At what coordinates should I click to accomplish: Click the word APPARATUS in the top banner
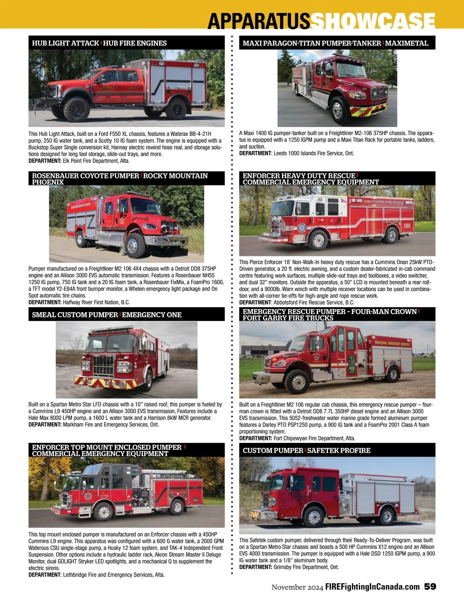coord(259,21)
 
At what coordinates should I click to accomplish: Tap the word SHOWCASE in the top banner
coord(373,21)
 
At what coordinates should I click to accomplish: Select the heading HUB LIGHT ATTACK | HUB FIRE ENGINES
coord(99,43)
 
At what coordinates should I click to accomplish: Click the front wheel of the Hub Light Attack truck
coord(76,109)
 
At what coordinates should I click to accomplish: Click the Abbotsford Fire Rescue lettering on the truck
coord(383,202)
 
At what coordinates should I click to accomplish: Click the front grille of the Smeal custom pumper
coord(104,365)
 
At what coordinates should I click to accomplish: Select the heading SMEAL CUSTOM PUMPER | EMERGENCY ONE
coord(107,314)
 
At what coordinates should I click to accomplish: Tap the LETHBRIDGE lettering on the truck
coord(172,476)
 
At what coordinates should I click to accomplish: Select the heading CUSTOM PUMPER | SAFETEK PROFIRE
coord(307,450)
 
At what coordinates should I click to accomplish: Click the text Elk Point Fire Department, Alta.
coord(96,161)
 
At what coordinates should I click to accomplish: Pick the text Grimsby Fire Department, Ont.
coord(306,567)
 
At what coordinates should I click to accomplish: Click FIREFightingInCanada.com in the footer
coord(372,587)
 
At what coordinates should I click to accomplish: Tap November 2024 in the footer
coord(297,587)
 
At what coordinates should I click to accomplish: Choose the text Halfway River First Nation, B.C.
coord(96,302)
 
